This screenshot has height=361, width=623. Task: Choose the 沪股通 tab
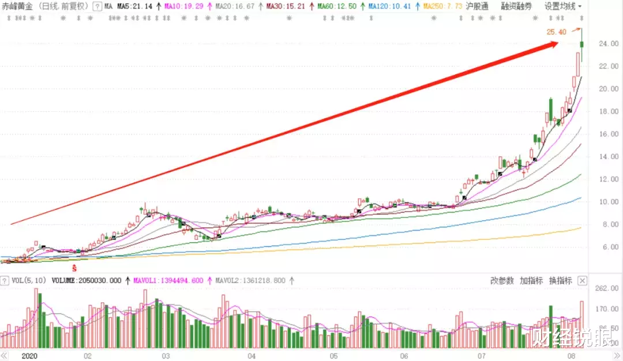pyautogui.click(x=477, y=6)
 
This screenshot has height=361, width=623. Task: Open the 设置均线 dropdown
pyautogui.click(x=563, y=6)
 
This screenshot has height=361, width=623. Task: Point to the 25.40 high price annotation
pyautogui.click(x=556, y=32)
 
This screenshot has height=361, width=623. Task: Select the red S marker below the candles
pyautogui.click(x=74, y=268)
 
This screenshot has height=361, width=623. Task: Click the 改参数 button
pyautogui.click(x=502, y=281)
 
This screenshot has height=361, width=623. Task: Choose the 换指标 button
pyautogui.click(x=560, y=281)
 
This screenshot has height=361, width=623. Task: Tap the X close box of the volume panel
pyautogui.click(x=582, y=281)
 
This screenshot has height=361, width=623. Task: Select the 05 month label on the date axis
pyautogui.click(x=333, y=356)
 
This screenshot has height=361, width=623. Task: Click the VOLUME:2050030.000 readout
pyautogui.click(x=87, y=281)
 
